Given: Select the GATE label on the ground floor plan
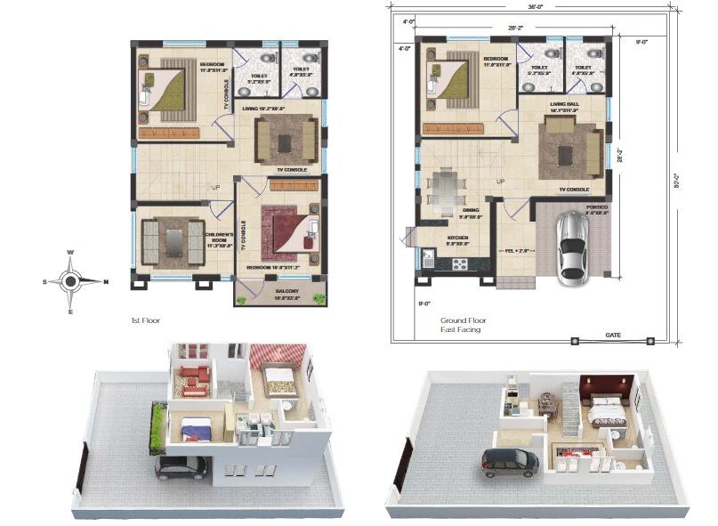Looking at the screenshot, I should pos(613,335).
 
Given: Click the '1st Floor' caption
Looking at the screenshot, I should pos(146,319).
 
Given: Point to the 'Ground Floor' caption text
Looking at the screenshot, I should pos(462,320).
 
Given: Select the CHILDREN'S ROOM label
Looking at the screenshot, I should pos(217,239).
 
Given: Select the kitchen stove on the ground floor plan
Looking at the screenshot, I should pos(460,263).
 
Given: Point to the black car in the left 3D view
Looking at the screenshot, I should pos(181,467).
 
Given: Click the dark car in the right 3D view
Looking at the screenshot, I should pos(510,462).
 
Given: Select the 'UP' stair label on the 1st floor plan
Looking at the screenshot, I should pos(214,188).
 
